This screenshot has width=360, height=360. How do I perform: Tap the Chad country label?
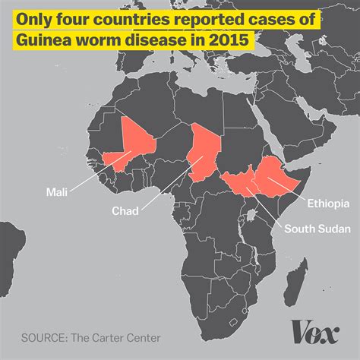click(125, 211)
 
